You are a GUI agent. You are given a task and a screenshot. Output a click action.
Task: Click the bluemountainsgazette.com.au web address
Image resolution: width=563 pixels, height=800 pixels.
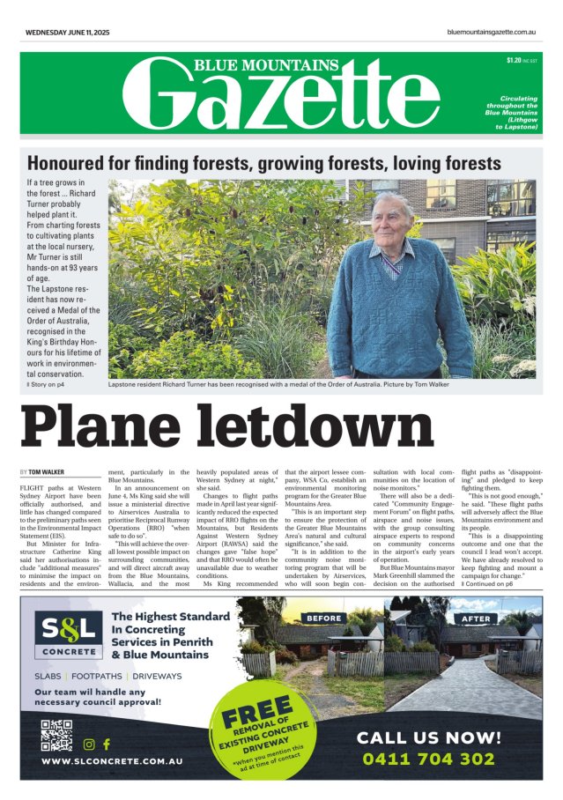pyautogui.click(x=493, y=33)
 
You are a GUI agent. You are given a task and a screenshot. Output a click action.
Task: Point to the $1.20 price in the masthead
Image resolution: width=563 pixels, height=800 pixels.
pyautogui.click(x=514, y=60)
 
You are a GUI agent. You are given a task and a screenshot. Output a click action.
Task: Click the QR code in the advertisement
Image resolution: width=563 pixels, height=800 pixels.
pyautogui.click(x=56, y=733)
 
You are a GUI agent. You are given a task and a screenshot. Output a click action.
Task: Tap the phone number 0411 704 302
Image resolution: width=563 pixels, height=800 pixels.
pyautogui.click(x=441, y=759)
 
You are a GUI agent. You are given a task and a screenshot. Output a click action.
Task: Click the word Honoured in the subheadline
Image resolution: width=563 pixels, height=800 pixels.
pyautogui.click(x=72, y=163)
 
